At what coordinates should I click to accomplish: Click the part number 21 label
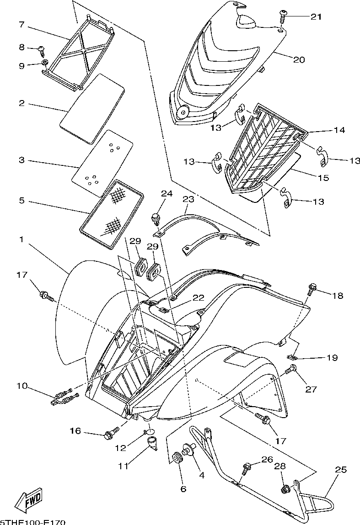pos(316,17)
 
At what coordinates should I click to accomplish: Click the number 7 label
pos(21,24)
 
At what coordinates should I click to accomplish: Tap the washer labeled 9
pos(45,62)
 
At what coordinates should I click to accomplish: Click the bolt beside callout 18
pos(312,289)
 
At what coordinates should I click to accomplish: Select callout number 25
pos(341,470)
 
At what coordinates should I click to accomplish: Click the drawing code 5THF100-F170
pos(33,522)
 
